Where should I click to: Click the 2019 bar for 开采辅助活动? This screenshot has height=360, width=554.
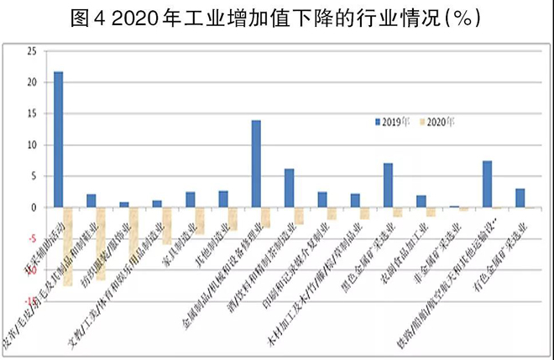(x=58, y=139)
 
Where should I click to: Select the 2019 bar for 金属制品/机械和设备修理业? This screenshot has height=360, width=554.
(x=256, y=164)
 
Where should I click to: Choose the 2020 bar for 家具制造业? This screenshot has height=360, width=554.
(x=200, y=220)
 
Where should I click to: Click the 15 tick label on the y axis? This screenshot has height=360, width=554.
(x=31, y=114)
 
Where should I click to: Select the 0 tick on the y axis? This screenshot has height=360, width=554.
(x=34, y=207)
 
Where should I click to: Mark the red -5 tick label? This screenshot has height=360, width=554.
(x=32, y=238)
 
